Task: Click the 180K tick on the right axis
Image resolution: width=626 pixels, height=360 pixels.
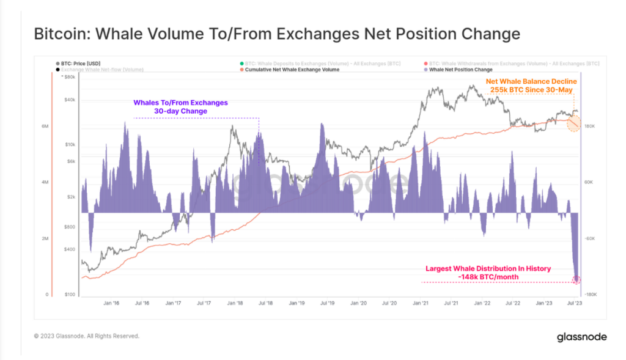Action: click(590, 127)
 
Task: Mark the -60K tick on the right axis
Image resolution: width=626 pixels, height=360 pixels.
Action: click(591, 238)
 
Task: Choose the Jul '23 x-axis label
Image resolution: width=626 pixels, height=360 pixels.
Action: click(574, 303)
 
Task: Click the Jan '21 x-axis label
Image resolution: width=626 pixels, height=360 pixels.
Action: click(420, 303)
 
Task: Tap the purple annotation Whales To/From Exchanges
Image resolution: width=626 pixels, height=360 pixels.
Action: click(180, 103)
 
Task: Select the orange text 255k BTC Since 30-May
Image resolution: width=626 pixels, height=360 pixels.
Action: click(530, 90)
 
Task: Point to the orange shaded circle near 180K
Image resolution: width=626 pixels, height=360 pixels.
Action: click(574, 124)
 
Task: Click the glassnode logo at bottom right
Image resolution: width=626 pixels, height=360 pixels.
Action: click(581, 337)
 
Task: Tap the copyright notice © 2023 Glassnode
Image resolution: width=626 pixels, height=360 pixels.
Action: click(86, 336)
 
